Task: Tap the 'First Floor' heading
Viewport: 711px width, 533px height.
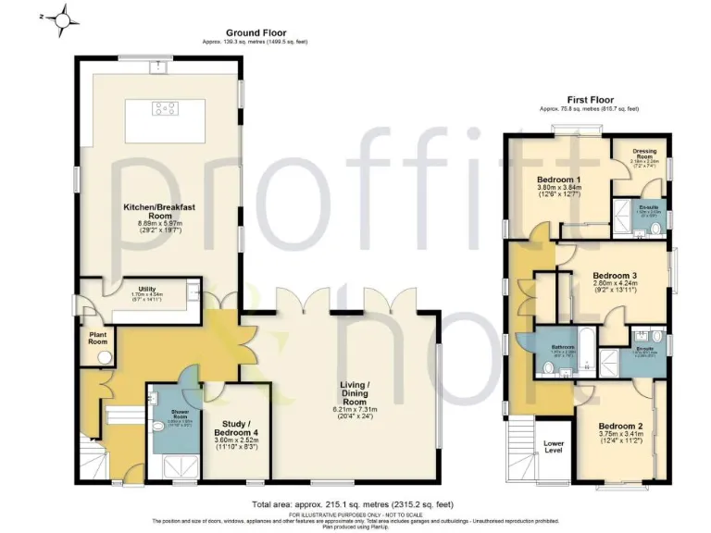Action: click(589, 100)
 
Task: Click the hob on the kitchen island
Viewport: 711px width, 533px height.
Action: click(166, 109)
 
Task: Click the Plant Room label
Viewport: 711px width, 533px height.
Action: click(97, 337)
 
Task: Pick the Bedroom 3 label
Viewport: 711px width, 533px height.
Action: click(616, 277)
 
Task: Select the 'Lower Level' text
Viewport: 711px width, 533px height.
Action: click(554, 448)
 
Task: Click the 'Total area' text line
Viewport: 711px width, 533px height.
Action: click(353, 504)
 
